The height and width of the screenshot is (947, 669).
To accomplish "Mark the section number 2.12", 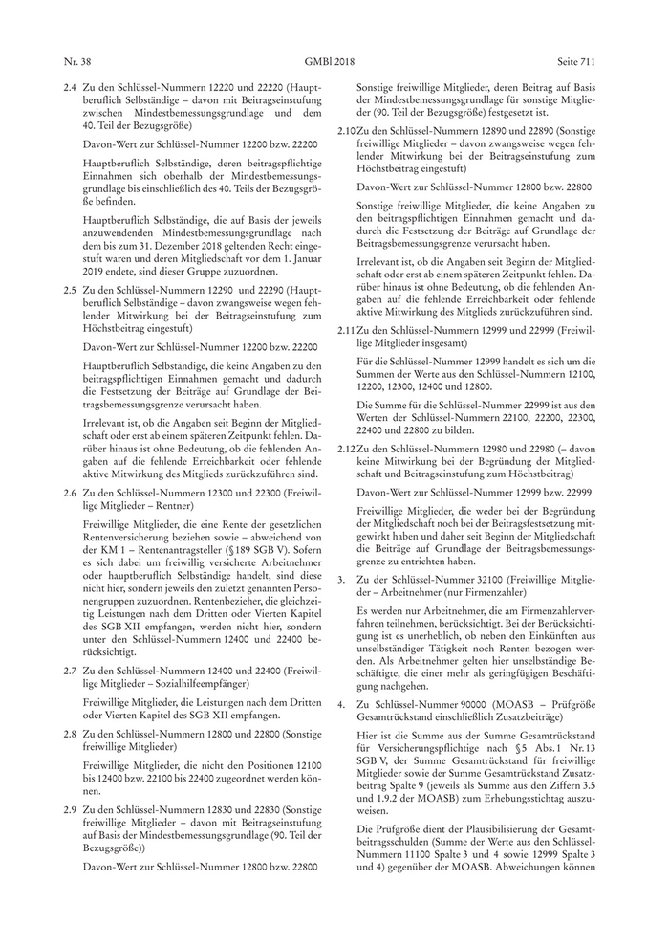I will point(348,449).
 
